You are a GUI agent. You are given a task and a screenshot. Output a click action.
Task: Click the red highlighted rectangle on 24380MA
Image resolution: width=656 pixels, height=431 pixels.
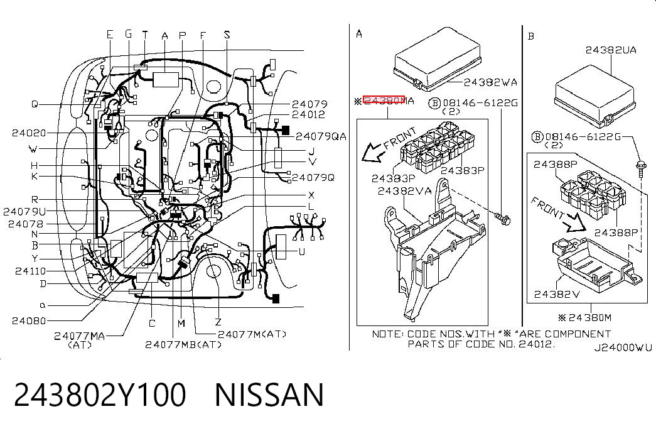click(384, 100)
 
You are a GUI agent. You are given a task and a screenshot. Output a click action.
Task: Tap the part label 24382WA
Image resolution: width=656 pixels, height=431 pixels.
click(490, 82)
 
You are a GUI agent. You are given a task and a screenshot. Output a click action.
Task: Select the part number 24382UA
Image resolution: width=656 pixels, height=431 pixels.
click(611, 50)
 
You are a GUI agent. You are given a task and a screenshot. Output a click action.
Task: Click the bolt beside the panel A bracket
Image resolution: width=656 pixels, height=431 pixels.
click(502, 218)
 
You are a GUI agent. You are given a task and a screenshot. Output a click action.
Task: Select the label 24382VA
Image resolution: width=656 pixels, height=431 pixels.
click(404, 192)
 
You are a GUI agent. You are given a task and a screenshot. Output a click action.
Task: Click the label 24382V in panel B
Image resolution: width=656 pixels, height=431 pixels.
click(557, 295)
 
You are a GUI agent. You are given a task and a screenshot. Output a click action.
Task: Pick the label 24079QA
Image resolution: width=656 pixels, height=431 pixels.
click(321, 136)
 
